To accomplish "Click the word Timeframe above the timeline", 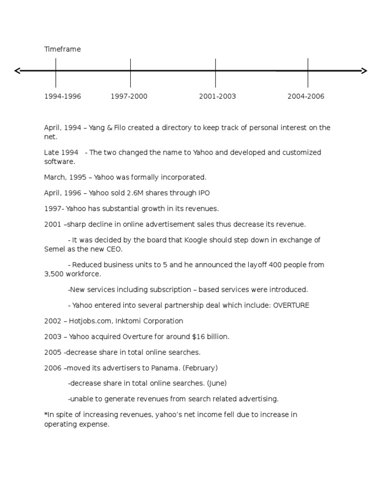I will click(62, 49).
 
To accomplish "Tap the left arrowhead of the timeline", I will click(18, 71).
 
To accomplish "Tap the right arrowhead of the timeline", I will click(364, 71).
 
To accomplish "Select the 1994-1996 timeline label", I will click(63, 96).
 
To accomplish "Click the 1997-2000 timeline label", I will click(129, 96).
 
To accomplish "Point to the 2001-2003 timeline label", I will click(217, 96).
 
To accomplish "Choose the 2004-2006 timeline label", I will click(306, 96).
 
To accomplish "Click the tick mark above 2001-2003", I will click(215, 72).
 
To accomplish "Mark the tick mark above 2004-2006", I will click(308, 72).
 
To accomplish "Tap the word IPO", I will click(204, 193).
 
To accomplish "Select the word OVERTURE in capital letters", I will click(291, 305).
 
